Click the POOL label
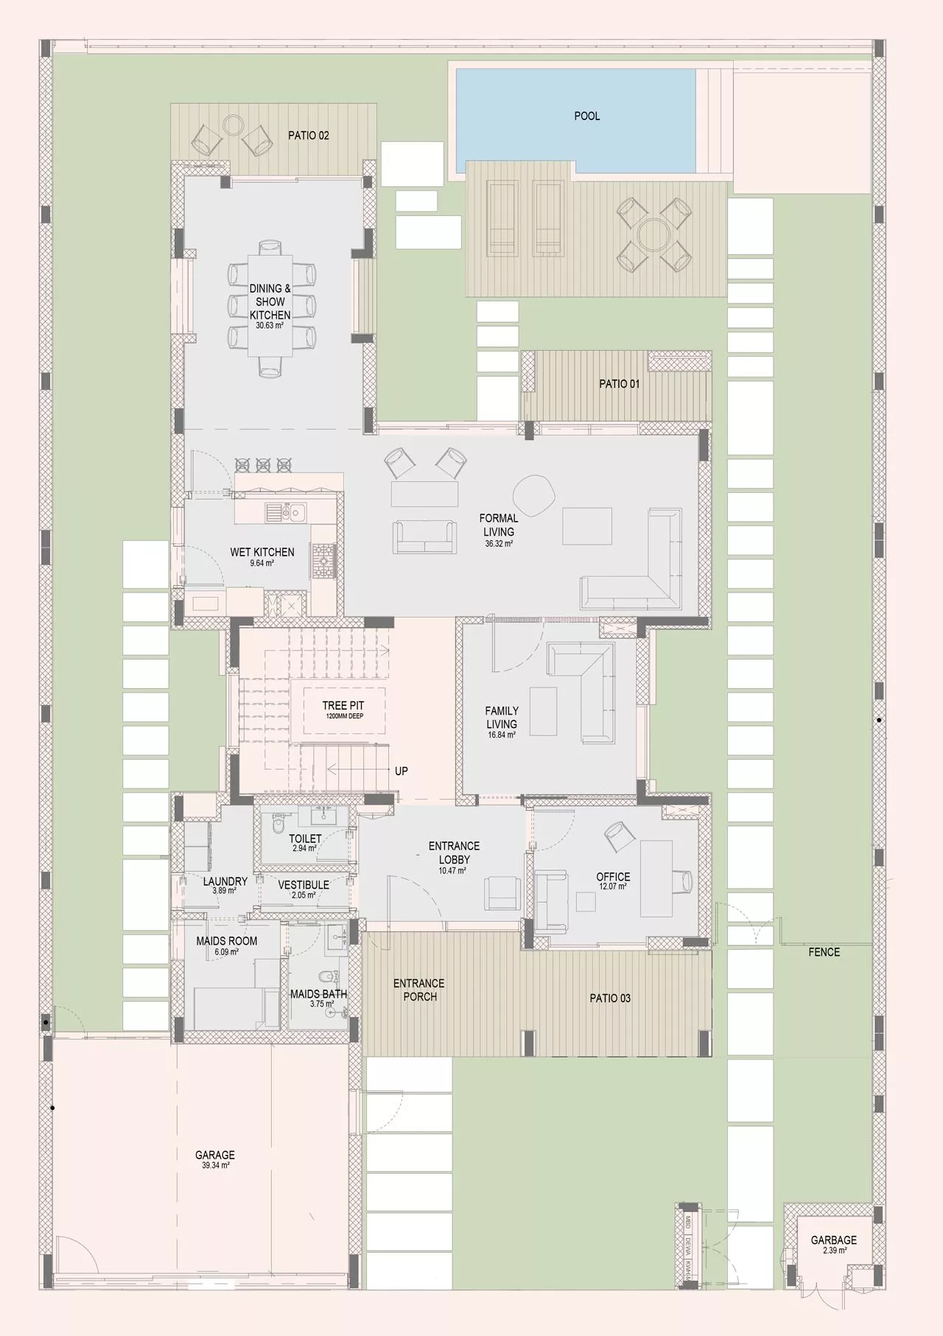click(587, 116)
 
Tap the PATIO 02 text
click(308, 136)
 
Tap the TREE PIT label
click(343, 706)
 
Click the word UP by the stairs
click(402, 771)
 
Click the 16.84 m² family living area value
click(502, 735)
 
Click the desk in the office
click(657, 877)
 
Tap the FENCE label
click(824, 952)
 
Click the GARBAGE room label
click(833, 1240)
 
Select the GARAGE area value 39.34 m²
click(214, 1165)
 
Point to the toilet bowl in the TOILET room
click(278, 826)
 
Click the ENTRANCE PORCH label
click(419, 990)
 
